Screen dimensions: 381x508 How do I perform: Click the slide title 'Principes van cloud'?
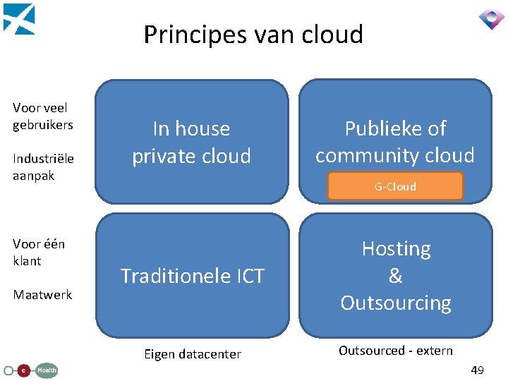coord(253,34)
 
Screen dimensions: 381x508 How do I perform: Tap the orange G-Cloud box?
coord(395,186)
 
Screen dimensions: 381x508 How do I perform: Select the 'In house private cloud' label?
coord(192,142)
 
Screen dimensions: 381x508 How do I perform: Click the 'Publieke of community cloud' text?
coord(395,141)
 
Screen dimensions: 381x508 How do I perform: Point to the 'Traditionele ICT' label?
coord(192,276)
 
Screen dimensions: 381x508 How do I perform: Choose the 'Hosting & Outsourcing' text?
coord(396,276)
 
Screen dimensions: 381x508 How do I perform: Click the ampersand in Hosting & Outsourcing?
coord(396,276)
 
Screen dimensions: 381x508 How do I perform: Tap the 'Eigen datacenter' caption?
coord(192,354)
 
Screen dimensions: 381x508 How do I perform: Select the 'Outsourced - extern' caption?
coord(396,351)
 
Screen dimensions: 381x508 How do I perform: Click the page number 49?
coord(477,370)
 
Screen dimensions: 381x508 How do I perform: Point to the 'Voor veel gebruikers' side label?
coord(43,116)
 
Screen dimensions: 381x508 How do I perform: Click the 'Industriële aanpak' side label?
coord(43,167)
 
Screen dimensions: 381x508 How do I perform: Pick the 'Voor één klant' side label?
coord(39,252)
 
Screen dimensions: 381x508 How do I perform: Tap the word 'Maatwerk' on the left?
coord(42,294)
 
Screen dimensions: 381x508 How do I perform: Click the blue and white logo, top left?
coord(19,19)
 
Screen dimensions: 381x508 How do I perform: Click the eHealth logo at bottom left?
coord(31,370)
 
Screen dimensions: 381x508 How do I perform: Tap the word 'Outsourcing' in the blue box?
coord(396,303)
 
